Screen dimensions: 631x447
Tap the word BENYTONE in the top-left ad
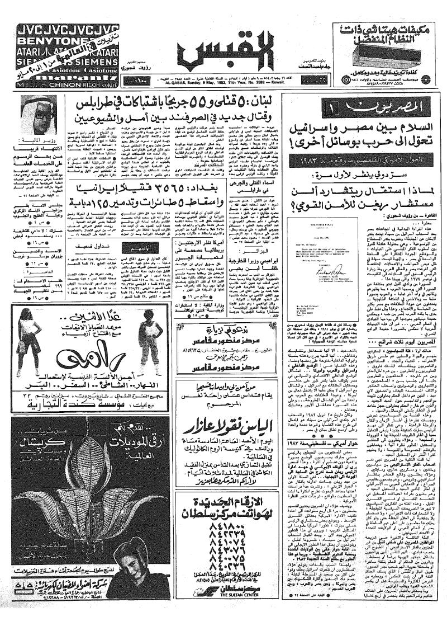(45, 40)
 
